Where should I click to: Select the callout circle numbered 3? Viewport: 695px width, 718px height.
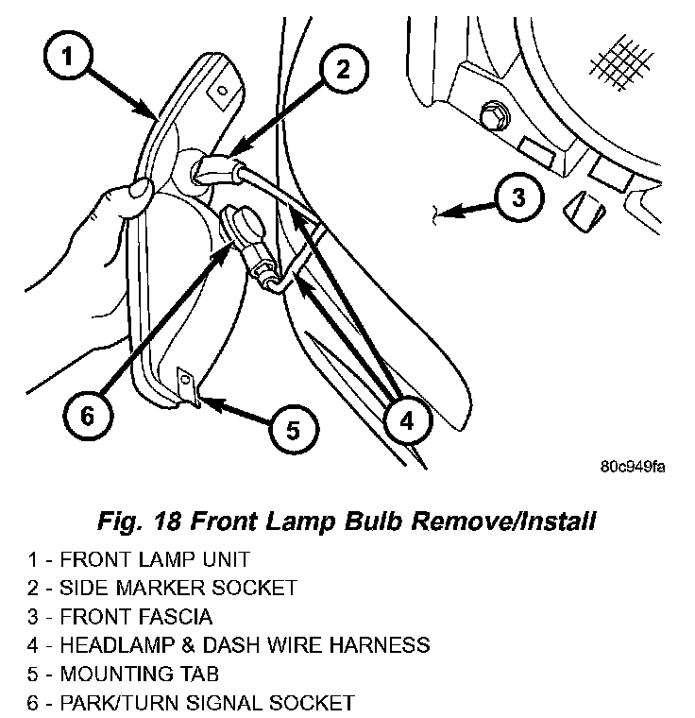(518, 198)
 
